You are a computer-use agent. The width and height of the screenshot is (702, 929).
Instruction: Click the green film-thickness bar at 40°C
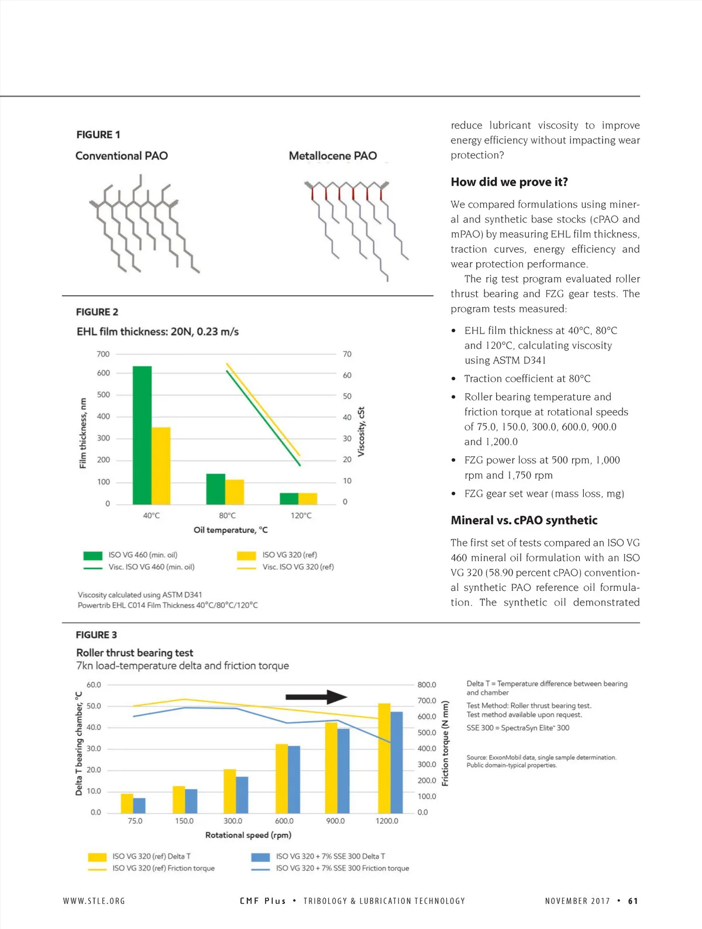coord(142,435)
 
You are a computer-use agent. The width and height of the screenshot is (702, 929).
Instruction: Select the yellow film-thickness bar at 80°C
coord(235,492)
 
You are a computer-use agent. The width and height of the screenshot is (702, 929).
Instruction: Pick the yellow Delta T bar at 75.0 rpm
coord(127,803)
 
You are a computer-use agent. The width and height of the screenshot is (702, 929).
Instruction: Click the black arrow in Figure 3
coord(316,697)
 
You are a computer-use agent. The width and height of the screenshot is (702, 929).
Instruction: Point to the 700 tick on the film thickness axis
coord(103,354)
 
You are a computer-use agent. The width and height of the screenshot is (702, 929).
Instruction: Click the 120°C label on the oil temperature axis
coord(301,515)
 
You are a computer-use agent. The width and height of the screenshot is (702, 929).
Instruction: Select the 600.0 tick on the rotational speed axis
coord(284,821)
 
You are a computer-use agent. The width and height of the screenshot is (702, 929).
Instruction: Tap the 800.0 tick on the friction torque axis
coord(426,684)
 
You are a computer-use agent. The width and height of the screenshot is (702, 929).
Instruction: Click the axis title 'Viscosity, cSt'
coord(361,432)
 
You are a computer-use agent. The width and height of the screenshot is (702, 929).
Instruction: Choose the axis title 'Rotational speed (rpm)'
coord(248,835)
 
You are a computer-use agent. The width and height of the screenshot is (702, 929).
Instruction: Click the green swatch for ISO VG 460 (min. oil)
coord(93,555)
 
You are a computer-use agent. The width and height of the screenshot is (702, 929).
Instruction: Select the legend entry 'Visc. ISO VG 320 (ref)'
coord(298,567)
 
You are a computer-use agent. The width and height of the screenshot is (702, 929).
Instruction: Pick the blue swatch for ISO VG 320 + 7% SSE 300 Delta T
coord(260,856)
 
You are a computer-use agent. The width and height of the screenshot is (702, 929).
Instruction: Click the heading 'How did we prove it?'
coord(509,182)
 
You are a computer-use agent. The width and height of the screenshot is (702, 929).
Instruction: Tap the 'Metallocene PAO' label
coord(332,156)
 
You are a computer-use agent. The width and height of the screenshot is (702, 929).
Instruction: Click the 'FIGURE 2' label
coord(97,312)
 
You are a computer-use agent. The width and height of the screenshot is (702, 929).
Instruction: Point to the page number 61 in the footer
coord(633,901)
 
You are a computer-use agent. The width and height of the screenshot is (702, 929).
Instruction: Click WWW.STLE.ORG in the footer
coord(94,901)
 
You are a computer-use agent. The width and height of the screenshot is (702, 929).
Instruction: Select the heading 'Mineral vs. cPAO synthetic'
coord(524,520)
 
